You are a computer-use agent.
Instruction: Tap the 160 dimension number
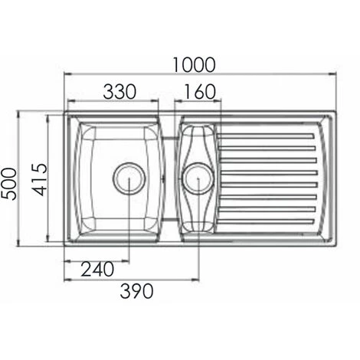point(200,91)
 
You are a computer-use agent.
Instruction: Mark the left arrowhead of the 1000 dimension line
point(66,75)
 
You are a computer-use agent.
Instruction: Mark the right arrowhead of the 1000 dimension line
point(335,75)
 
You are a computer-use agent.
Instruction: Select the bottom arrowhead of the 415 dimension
point(50,240)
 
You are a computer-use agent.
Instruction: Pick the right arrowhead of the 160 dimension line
point(219,101)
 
